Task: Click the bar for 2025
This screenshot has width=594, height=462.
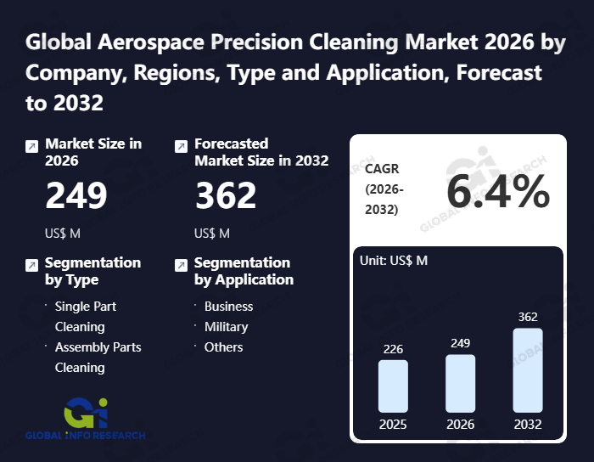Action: coord(393,386)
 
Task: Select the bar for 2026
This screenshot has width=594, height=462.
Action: coord(460,384)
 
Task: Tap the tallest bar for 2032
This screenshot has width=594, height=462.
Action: coord(527,370)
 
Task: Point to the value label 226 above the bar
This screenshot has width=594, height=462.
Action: coord(393,349)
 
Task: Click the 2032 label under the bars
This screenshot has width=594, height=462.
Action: coord(527,425)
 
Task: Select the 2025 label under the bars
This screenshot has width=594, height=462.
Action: coord(393,425)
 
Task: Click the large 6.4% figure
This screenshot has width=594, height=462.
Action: coord(498,193)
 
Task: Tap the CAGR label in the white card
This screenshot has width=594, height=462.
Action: coord(382,169)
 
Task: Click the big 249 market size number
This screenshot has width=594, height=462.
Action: coord(76,196)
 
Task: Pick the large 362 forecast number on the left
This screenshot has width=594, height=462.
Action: coord(226,196)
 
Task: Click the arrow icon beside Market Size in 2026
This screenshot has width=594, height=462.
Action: coord(31,146)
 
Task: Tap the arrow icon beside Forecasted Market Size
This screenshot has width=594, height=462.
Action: coord(181,146)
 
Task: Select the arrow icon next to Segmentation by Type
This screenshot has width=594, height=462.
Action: coord(31,265)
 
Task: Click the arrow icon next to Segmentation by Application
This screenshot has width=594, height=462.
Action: coord(181,265)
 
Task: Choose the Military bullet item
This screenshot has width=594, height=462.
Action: coord(226,327)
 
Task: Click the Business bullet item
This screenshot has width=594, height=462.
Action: coord(228,307)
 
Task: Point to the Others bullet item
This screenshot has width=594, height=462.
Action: coord(223,347)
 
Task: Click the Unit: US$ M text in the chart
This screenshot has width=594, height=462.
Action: coord(395,261)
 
